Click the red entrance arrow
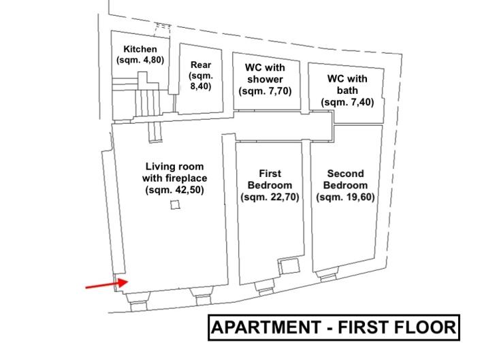point(107,284)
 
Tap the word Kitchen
point(140,49)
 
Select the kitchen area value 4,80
point(150,60)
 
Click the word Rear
point(201,65)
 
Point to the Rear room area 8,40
point(201,86)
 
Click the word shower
point(265,79)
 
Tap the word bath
point(347,91)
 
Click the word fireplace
point(187,178)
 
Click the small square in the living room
point(176,205)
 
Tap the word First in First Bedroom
point(270,174)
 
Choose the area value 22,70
point(282,197)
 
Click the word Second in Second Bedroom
point(346,174)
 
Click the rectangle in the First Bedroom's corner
point(289,266)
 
